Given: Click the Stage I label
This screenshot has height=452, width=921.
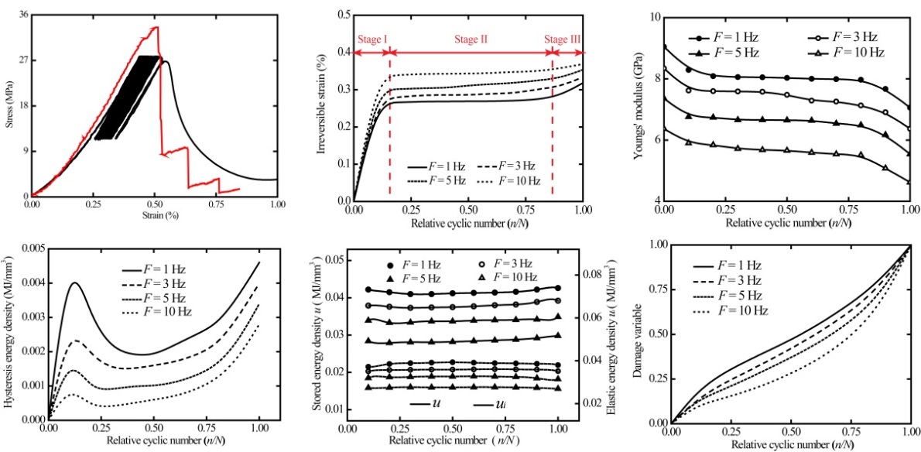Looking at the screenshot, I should [373, 39].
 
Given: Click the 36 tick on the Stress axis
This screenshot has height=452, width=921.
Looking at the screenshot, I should [23, 15].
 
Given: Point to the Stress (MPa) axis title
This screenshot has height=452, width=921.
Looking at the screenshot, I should [9, 105].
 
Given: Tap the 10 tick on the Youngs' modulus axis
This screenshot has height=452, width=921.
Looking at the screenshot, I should [656, 16].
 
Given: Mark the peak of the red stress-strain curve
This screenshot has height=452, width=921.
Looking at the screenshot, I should [157, 27].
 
